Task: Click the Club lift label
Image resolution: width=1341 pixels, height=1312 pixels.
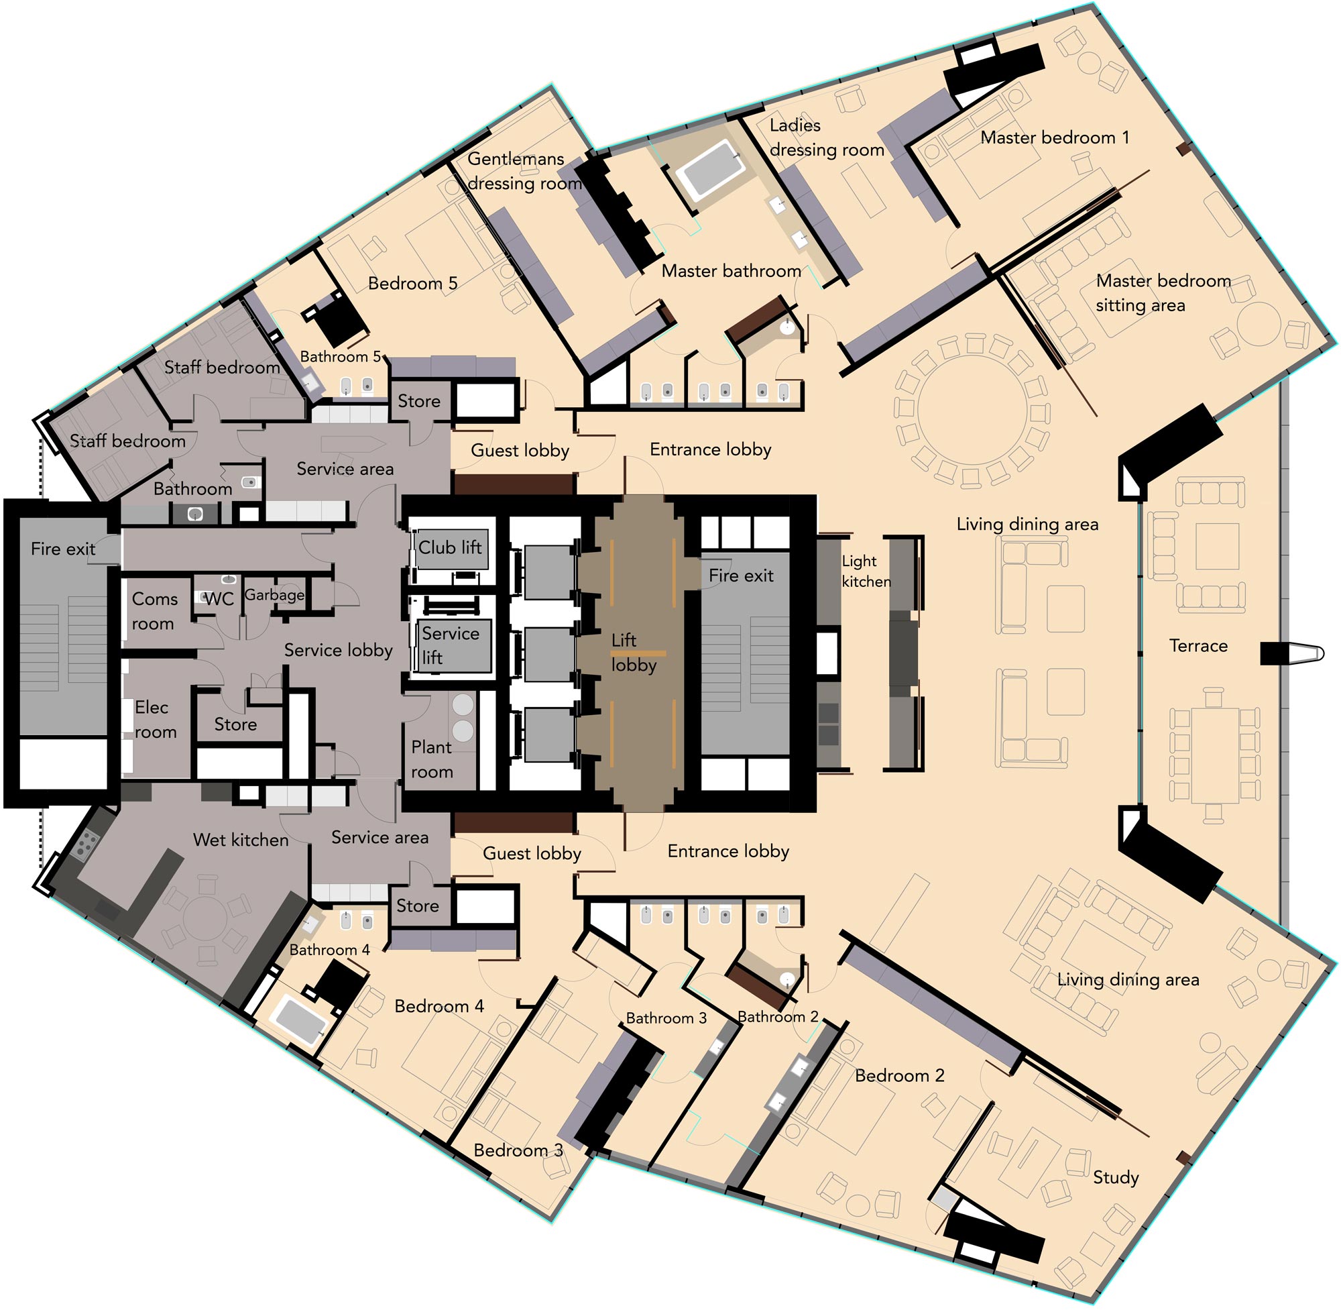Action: tap(450, 547)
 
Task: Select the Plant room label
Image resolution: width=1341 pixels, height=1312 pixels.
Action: tap(432, 759)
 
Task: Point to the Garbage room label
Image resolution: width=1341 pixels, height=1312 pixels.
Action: tap(274, 595)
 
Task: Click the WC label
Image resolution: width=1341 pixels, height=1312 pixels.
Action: tap(219, 599)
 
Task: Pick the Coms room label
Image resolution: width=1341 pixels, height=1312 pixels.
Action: tap(154, 611)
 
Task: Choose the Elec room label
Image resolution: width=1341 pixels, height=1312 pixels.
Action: tap(155, 720)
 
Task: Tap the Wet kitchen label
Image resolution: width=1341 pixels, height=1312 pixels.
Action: tap(241, 839)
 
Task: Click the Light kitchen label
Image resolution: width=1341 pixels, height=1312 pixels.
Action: tap(866, 571)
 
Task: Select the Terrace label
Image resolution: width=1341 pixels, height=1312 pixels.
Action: tap(1198, 646)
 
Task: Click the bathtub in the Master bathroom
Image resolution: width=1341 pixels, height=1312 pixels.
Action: tap(709, 170)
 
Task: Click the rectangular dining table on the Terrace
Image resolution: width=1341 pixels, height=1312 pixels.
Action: tap(1216, 755)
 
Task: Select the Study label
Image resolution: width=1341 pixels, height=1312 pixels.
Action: tap(1115, 1178)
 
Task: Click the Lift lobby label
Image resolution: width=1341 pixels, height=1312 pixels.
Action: tap(633, 653)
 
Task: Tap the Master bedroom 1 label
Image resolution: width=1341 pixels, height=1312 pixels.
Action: tap(1055, 137)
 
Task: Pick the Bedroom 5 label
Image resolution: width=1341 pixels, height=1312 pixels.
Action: tap(412, 283)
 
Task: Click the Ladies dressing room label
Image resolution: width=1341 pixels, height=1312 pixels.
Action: tap(827, 138)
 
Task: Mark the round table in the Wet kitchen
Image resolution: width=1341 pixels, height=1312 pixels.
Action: tap(205, 915)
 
